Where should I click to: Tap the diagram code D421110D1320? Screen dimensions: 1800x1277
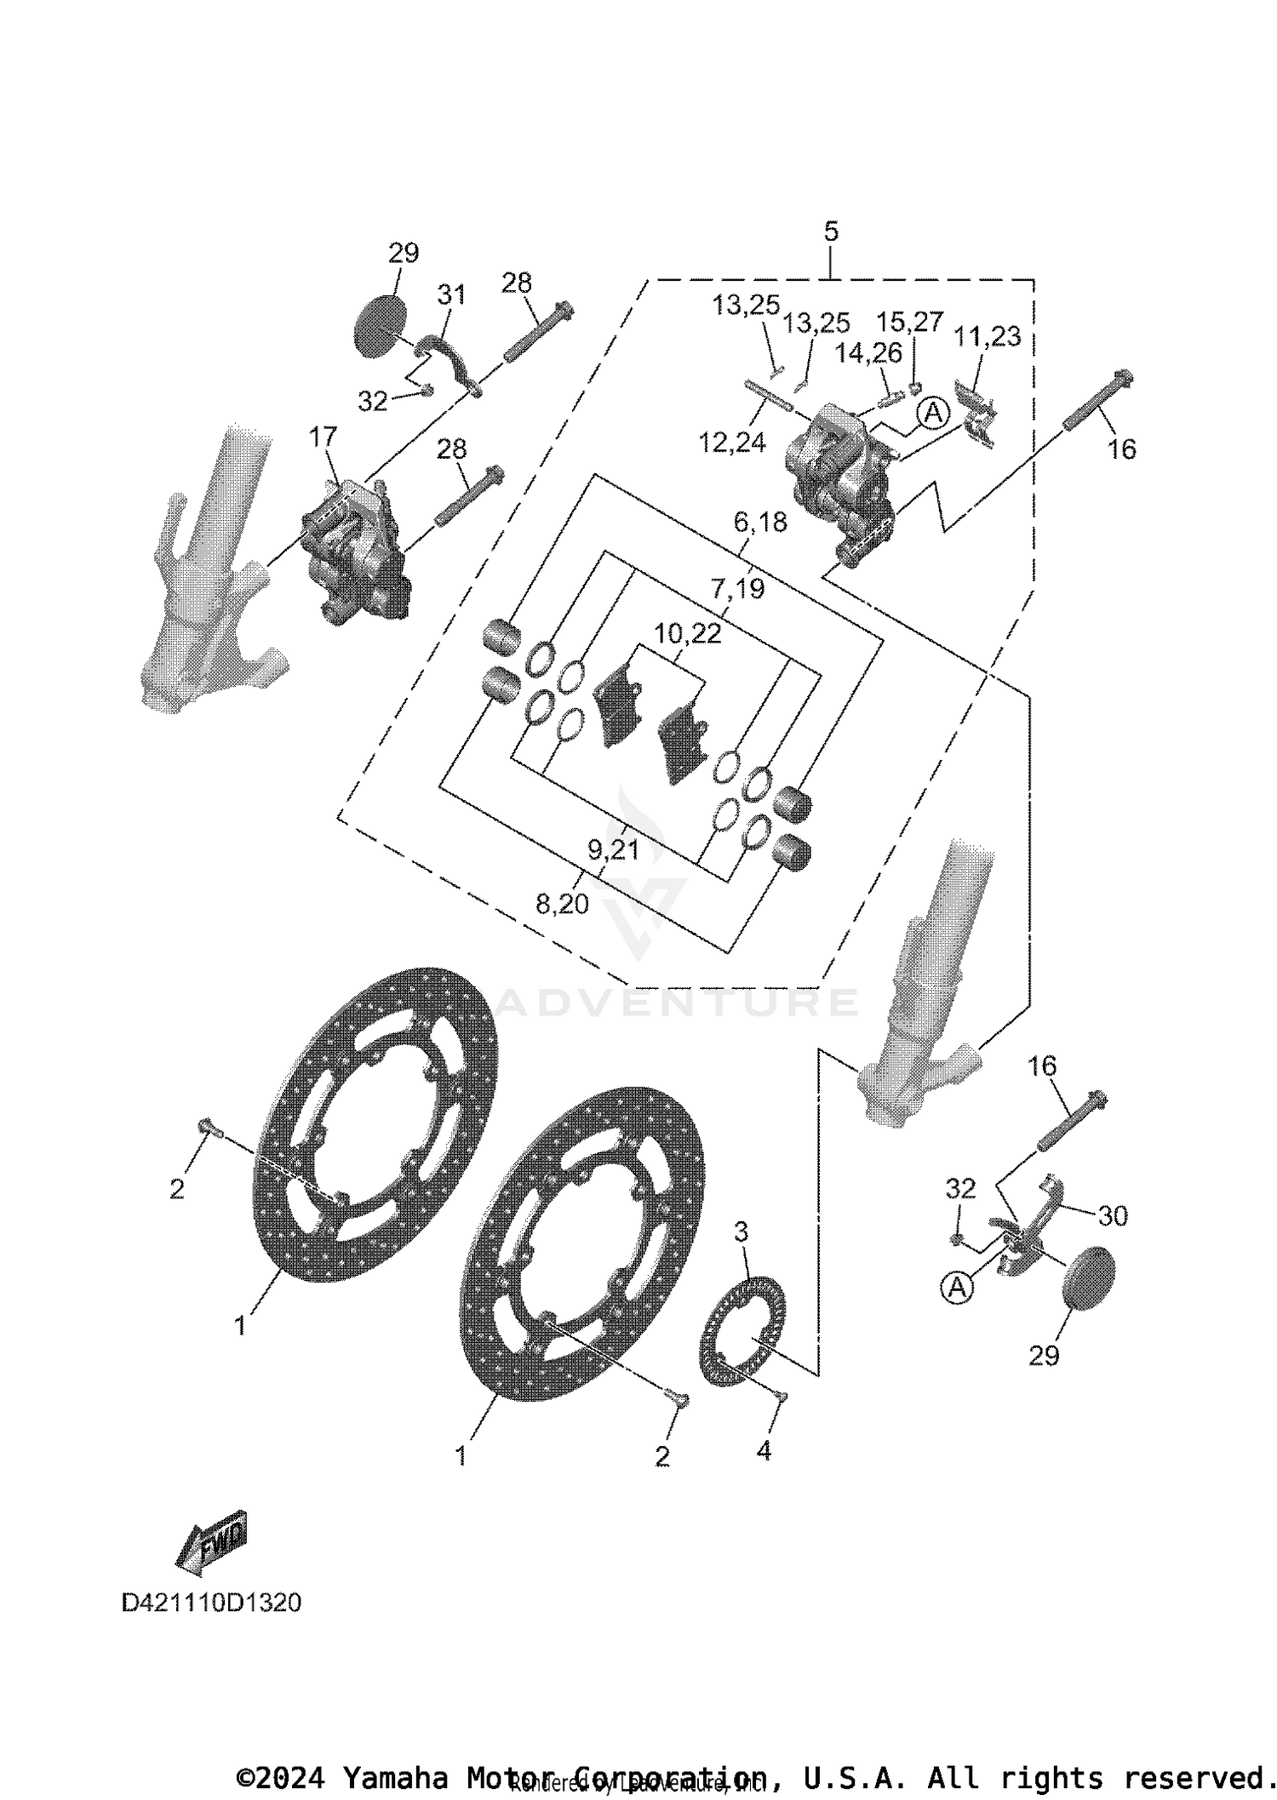pos(211,1603)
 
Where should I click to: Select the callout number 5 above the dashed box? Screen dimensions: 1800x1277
pos(831,231)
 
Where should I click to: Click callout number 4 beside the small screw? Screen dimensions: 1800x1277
pos(764,1451)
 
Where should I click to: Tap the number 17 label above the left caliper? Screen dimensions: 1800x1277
pos(323,437)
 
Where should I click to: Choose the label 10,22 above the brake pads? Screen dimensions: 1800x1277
pos(688,633)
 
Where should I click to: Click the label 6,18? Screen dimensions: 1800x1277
pos(760,522)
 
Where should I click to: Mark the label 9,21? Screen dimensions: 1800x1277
pos(613,849)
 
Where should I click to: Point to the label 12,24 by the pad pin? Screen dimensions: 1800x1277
pos(732,443)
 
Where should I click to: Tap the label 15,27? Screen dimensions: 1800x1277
pos(909,322)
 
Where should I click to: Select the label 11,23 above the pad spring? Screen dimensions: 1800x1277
pos(987,337)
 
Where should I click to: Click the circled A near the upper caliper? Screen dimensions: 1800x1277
pos(934,414)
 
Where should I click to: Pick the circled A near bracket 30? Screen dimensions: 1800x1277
pos(958,1288)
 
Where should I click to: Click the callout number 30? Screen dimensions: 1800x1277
pos(1113,1216)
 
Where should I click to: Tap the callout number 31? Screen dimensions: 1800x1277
pos(452,294)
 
